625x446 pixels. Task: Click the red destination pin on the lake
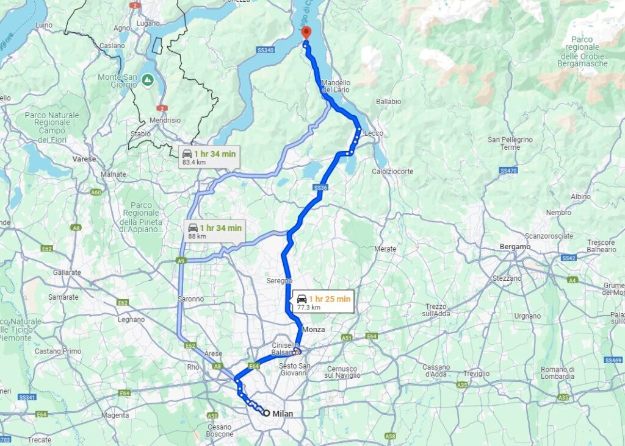pos(306,34)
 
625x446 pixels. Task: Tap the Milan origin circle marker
pos(266,413)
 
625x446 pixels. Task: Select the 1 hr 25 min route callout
pos(323,302)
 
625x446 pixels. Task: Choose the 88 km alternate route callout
pos(215,231)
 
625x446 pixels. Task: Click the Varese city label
pos(84,159)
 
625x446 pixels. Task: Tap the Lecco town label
pos(374,133)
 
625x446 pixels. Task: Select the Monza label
pos(313,330)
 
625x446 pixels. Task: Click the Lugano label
pos(148,23)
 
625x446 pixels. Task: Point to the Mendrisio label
pos(165,121)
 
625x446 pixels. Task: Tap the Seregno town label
pos(279,281)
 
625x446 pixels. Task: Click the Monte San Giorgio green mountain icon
pos(147,80)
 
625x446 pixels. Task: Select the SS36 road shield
pos(321,188)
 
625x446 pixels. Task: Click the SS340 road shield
pos(266,50)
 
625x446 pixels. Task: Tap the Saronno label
pos(191,299)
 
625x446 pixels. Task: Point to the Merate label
pos(385,249)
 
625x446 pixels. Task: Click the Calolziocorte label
pos(392,172)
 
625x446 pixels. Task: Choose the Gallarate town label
pos(67,273)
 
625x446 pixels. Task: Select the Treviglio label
pos(476,373)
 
